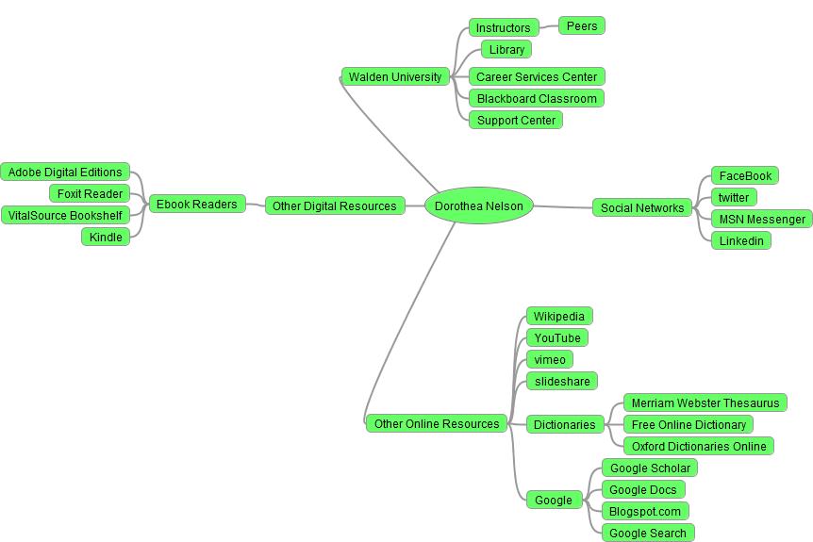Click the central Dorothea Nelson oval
478,206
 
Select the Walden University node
394,77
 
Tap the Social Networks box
641,208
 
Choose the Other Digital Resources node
335,206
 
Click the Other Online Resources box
437,424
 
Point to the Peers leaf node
582,26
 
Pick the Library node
506,50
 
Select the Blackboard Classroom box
537,99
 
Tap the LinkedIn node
741,241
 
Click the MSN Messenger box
762,220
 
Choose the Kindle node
106,238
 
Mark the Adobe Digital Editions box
65,172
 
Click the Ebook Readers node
196,205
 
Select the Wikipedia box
559,317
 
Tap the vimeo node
550,360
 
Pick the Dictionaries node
564,425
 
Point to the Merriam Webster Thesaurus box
705,403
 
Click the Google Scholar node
650,468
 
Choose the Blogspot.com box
645,512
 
